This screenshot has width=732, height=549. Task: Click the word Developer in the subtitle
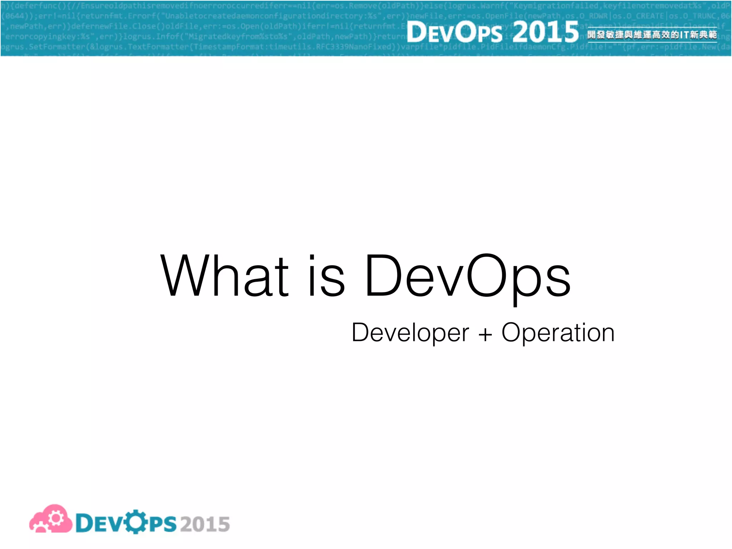coord(410,333)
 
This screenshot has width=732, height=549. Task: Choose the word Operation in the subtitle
coord(558,333)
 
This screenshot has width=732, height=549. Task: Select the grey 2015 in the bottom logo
coord(205,524)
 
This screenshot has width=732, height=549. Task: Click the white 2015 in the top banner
coord(545,31)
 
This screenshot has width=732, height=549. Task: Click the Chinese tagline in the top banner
coord(652,35)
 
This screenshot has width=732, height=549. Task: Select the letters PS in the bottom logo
coord(163,524)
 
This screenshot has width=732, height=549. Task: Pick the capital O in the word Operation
coord(513,332)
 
